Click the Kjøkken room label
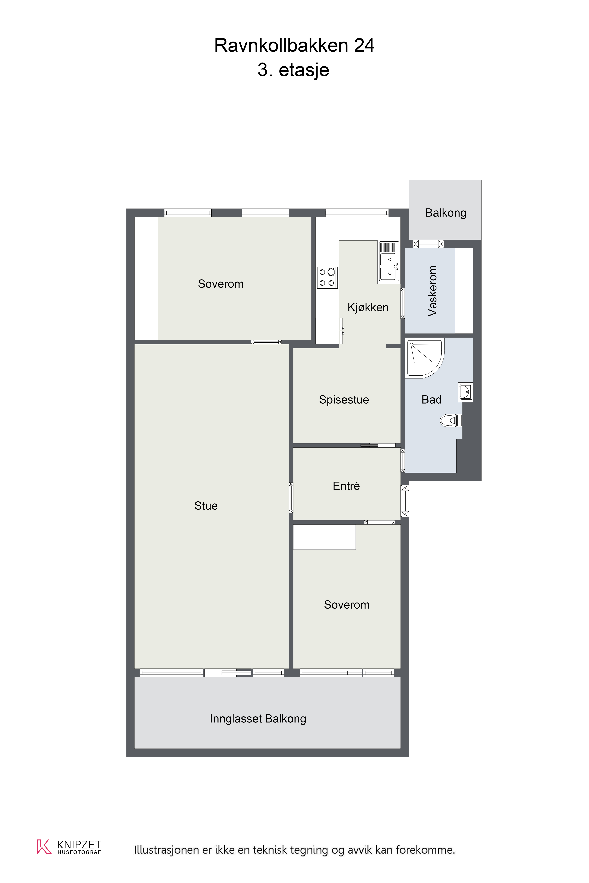pyautogui.click(x=368, y=307)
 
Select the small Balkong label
pyautogui.click(x=446, y=213)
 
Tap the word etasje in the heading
pyautogui.click(x=304, y=70)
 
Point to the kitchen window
pyautogui.click(x=357, y=213)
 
